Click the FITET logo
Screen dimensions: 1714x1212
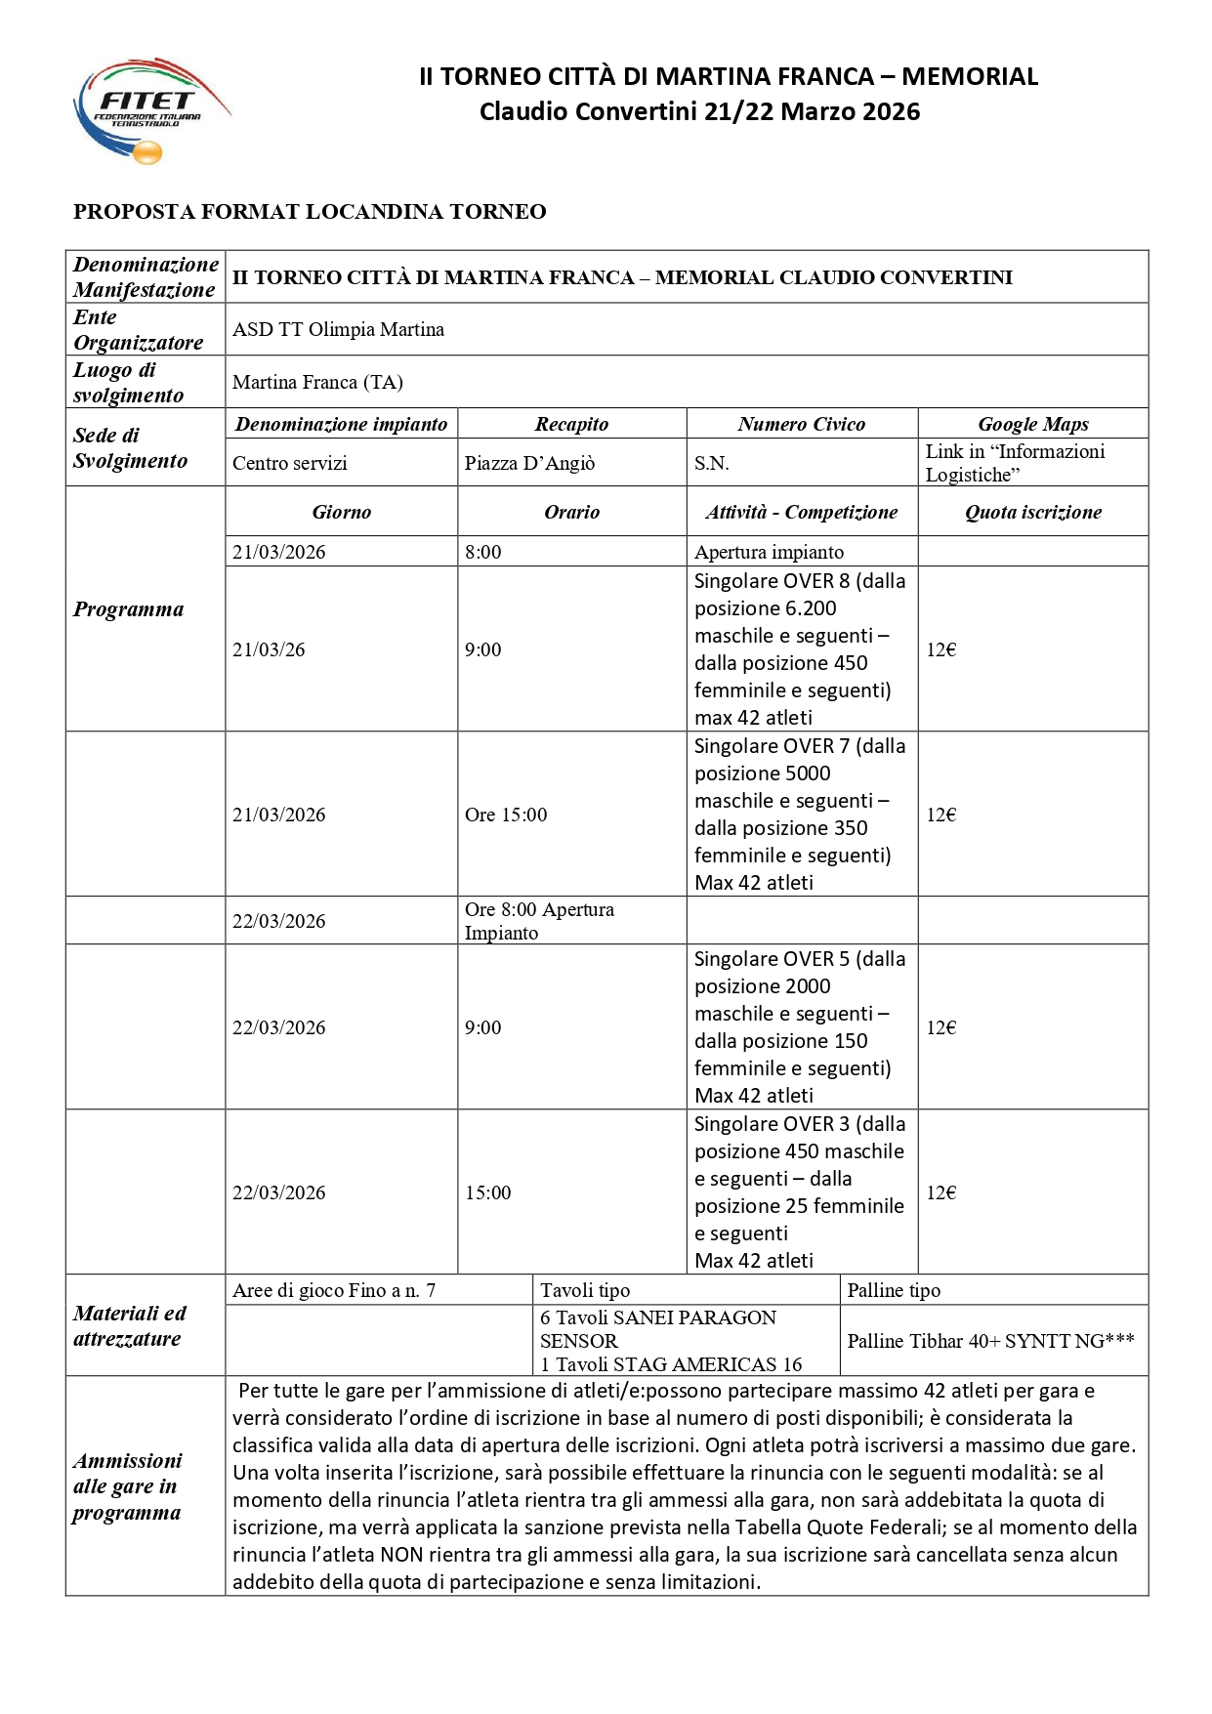coord(151,110)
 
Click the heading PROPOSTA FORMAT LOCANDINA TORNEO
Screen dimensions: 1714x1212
coord(310,212)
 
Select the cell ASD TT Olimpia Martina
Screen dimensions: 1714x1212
coord(338,330)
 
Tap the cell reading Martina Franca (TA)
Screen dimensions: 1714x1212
coord(317,383)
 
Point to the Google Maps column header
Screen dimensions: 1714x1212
coord(1032,424)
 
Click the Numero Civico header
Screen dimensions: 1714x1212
coord(801,424)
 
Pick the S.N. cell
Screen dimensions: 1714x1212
coord(712,463)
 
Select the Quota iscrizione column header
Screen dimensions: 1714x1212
coord(1032,512)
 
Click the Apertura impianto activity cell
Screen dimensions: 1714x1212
coord(769,552)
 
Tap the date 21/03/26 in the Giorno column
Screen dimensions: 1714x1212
coord(269,649)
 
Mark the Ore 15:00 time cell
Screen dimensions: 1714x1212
coord(506,815)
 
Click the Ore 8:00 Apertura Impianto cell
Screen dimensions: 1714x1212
coord(539,921)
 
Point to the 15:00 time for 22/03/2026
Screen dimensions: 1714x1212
coord(488,1192)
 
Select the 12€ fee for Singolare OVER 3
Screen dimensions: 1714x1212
coord(941,1192)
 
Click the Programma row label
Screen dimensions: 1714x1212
coord(128,609)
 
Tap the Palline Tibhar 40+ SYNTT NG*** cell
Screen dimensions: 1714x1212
coord(990,1341)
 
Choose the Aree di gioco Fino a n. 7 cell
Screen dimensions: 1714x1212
coord(334,1290)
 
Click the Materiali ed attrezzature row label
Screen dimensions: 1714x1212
coord(130,1326)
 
